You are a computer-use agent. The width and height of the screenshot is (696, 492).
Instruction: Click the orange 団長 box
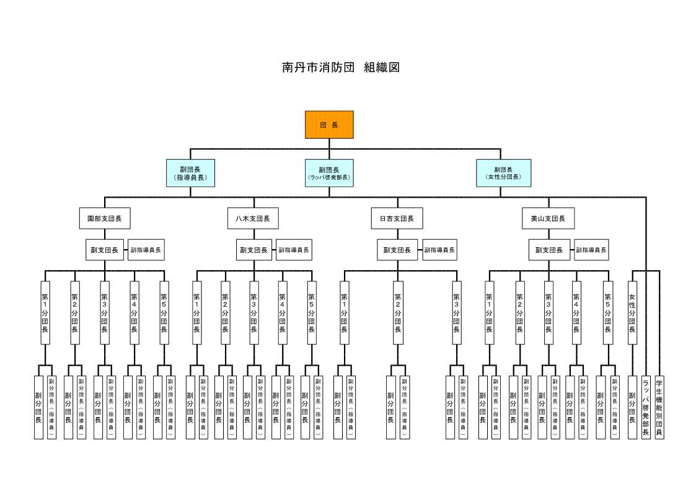[329, 125]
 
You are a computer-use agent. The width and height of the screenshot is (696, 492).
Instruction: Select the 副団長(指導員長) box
[190, 173]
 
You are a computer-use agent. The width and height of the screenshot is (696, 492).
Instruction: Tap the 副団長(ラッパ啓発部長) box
[329, 173]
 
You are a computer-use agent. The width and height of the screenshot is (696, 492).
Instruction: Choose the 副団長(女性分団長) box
[503, 173]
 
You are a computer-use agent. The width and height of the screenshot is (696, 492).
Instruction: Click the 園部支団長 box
[105, 218]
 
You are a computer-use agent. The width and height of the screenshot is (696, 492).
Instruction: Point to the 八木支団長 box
[253, 218]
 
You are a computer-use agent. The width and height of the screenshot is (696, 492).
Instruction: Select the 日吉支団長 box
[397, 218]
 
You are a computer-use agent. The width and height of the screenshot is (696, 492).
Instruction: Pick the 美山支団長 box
[548, 218]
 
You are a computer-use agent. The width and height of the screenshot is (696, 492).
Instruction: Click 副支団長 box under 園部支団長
[105, 250]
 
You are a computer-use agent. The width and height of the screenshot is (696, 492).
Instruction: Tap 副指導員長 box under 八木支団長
[294, 250]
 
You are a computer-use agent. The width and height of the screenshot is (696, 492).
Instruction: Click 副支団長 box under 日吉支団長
[397, 250]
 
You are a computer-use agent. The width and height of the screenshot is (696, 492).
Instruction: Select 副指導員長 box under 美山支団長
[591, 250]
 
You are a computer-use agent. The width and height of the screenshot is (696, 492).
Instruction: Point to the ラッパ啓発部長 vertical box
[646, 407]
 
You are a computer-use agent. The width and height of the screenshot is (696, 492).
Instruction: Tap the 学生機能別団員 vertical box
[659, 407]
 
